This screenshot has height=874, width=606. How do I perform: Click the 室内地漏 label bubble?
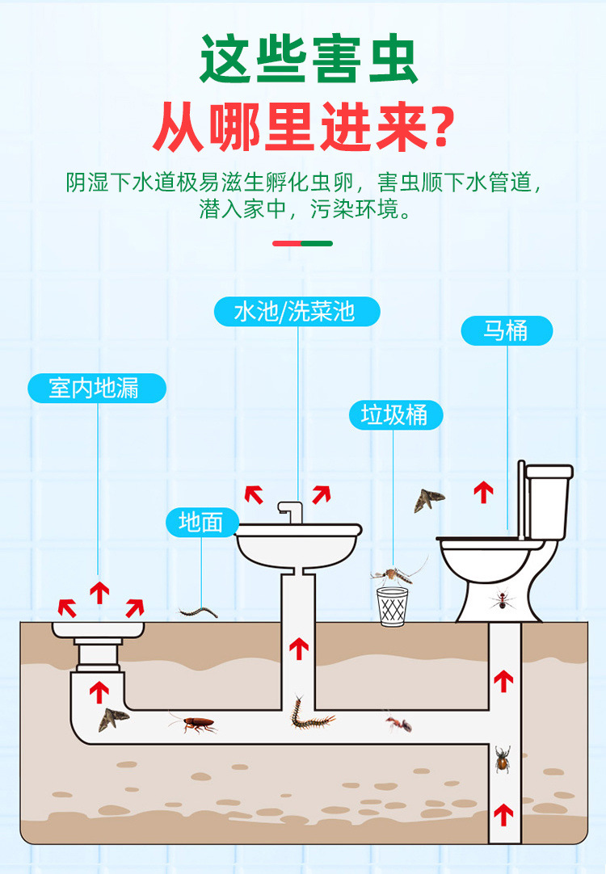click(x=96, y=389)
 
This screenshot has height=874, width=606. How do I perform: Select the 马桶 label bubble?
click(x=507, y=331)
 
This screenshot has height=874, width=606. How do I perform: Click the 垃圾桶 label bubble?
click(x=396, y=415)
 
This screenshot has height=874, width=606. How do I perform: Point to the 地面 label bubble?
click(x=201, y=522)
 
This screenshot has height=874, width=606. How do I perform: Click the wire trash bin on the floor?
click(x=393, y=606)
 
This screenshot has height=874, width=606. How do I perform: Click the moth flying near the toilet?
click(x=428, y=500)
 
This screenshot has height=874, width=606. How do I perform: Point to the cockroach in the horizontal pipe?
click(x=196, y=724)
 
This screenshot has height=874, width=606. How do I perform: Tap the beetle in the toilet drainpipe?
click(x=503, y=758)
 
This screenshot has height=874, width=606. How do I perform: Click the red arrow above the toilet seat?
click(x=483, y=491)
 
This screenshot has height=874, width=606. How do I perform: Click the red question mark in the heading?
click(x=440, y=128)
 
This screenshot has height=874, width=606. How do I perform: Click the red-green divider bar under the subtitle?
click(x=302, y=243)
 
